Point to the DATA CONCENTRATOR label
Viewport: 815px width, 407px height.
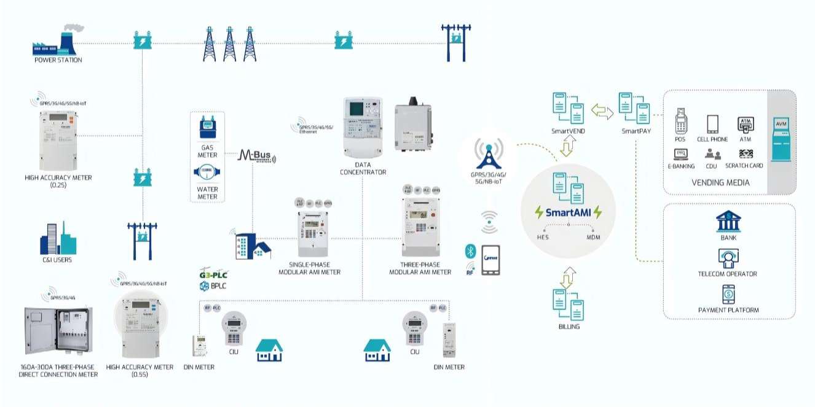tap(363, 168)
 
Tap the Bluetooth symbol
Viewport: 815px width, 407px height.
tap(470, 252)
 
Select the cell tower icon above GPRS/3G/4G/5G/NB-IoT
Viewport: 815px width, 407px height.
tap(489, 153)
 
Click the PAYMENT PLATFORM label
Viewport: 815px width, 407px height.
tap(728, 310)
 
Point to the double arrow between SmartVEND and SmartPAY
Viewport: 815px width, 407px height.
tap(602, 110)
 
